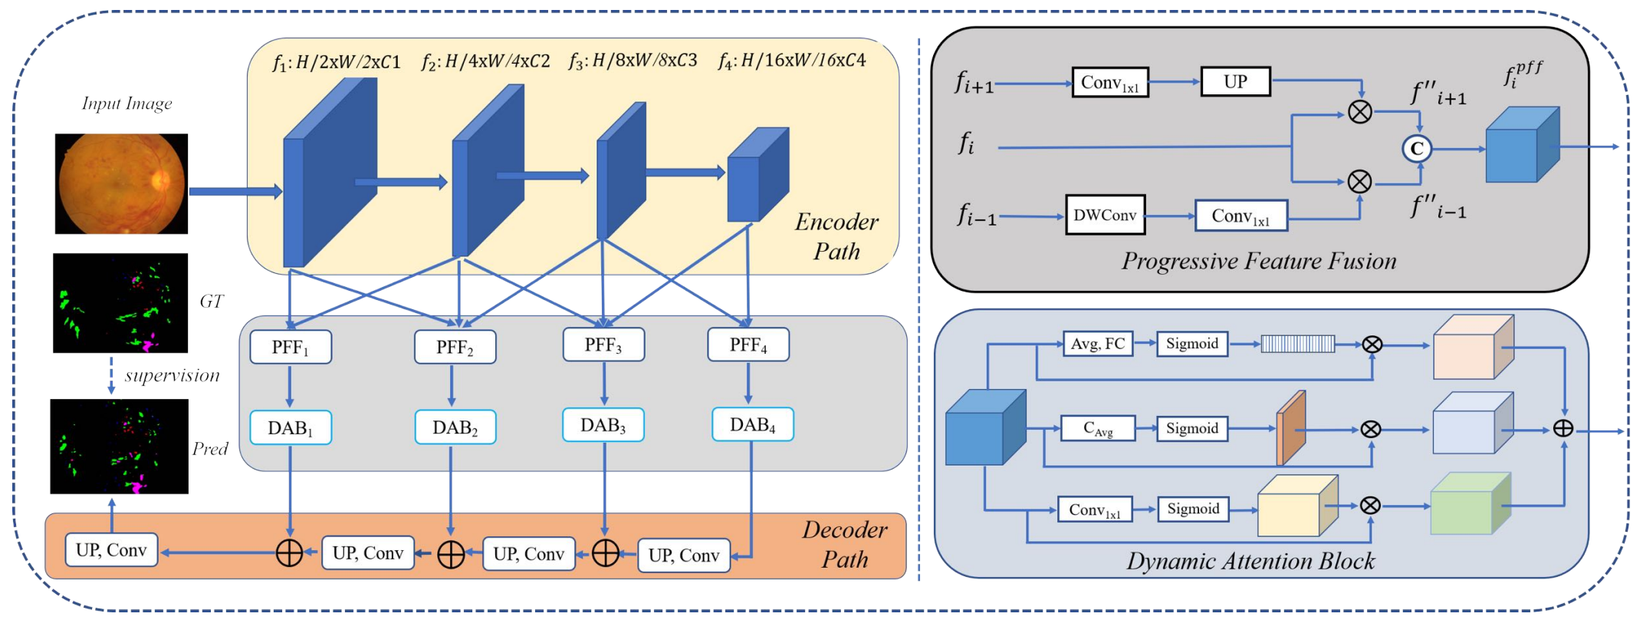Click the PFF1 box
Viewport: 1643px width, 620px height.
[x=291, y=347]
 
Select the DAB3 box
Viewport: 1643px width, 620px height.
[x=603, y=425]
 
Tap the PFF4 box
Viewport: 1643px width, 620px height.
[x=748, y=345]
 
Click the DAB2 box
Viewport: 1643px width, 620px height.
[x=455, y=427]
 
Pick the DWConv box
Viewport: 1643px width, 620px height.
[x=1105, y=215]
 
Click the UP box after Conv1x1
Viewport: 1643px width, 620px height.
[x=1235, y=81]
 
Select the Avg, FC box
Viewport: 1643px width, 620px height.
[x=1098, y=344]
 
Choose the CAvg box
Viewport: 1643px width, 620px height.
[x=1098, y=429]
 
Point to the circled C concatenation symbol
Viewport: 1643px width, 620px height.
[x=1417, y=148]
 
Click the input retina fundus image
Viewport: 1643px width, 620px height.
[x=121, y=183]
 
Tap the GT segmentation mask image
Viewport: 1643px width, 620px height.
[x=120, y=303]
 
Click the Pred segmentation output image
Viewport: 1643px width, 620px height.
[x=120, y=447]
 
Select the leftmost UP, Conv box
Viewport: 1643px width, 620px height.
[x=112, y=550]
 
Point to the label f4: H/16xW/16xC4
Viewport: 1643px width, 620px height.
[x=792, y=61]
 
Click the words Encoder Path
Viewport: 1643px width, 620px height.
[x=836, y=236]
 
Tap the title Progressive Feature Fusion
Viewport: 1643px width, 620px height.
[x=1259, y=261]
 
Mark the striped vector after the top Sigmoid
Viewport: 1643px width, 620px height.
[x=1298, y=344]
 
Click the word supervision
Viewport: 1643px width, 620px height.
[x=173, y=375]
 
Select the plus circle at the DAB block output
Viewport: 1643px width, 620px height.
[x=1563, y=428]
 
